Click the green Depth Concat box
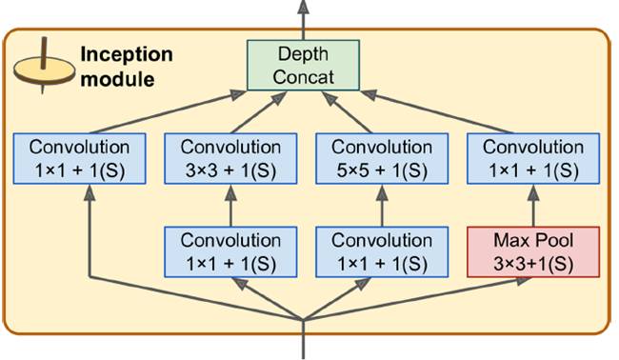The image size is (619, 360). [302, 65]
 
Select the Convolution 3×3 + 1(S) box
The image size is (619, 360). [231, 157]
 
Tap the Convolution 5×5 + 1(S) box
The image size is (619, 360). [381, 157]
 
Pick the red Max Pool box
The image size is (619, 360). [532, 250]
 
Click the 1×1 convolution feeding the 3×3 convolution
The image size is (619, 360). [231, 250]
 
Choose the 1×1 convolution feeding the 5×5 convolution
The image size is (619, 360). [381, 250]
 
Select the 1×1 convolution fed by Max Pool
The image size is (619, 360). [532, 157]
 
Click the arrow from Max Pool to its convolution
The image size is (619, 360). [532, 204]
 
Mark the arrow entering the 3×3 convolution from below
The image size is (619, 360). [231, 204]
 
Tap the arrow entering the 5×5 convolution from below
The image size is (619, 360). [381, 204]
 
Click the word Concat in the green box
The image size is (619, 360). [302, 76]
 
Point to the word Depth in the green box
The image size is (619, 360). [302, 54]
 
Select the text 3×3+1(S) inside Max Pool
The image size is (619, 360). [532, 261]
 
